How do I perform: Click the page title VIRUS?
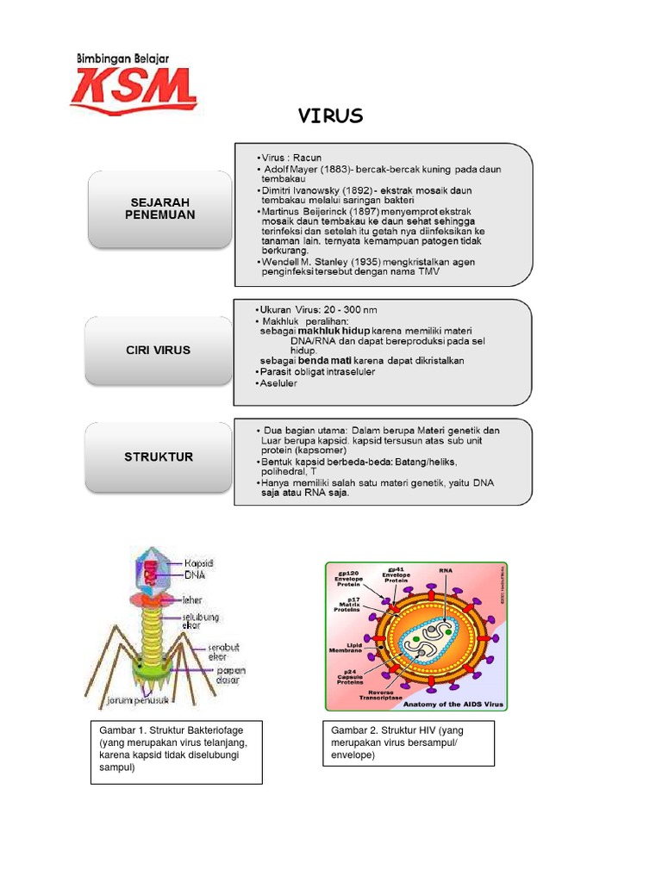tap(330, 116)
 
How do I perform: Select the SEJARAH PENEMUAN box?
tap(160, 208)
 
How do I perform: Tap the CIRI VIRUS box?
tap(160, 351)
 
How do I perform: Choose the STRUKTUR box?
tap(160, 456)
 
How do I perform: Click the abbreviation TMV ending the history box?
tap(428, 272)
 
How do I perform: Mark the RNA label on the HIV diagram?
tap(445, 570)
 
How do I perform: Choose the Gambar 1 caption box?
tap(176, 753)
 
